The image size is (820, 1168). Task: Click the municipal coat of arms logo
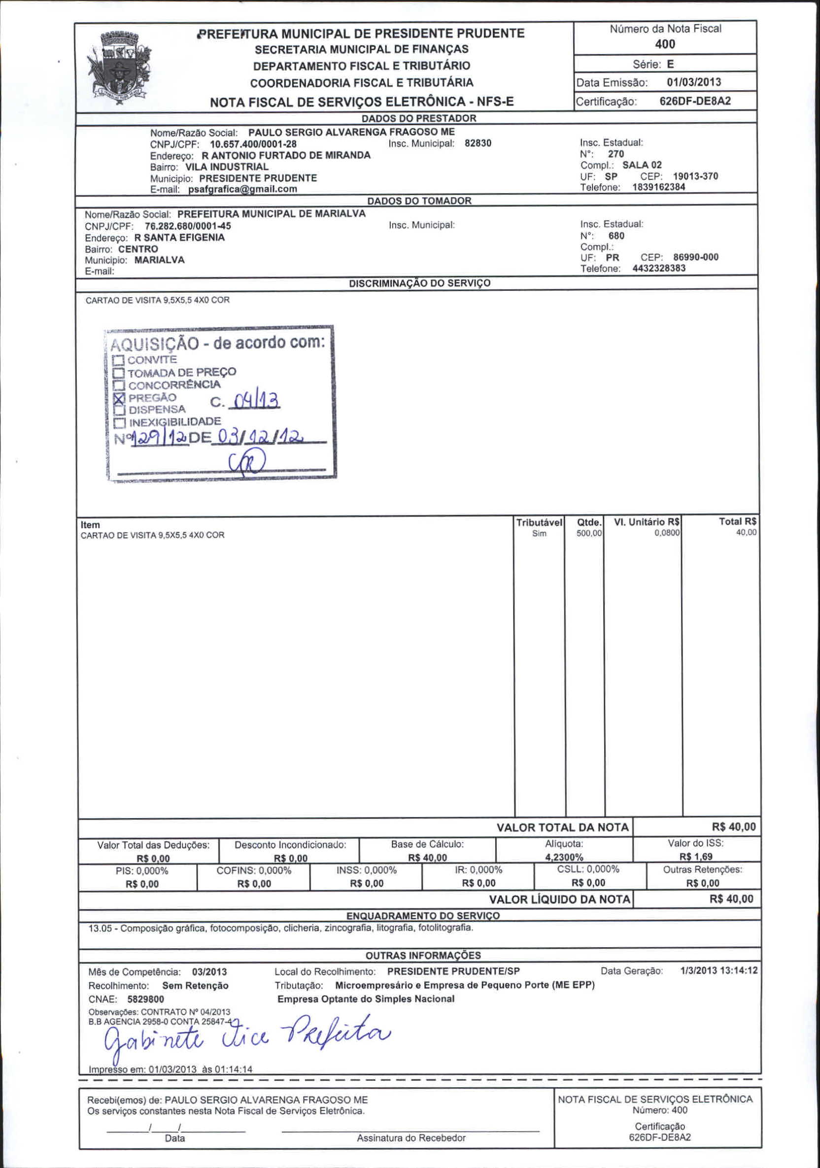click(120, 68)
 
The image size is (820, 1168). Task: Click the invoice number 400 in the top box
click(665, 44)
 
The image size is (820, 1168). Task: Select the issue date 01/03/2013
click(693, 82)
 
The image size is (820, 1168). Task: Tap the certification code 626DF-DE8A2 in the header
click(695, 101)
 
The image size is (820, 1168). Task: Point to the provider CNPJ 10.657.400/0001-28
click(253, 144)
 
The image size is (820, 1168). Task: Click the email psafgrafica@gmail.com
click(242, 189)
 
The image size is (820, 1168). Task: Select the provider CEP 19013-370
click(695, 176)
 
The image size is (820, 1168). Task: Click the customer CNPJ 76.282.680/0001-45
click(188, 226)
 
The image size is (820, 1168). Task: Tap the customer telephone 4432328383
click(659, 268)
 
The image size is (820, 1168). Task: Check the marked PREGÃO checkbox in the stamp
click(119, 398)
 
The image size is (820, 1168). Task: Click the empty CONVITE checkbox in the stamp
click(118, 361)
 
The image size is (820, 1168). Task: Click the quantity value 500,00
click(588, 533)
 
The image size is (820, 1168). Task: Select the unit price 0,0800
click(666, 533)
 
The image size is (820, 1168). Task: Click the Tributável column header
click(539, 522)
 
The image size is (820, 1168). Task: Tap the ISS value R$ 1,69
click(695, 857)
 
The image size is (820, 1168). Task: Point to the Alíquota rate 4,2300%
click(564, 857)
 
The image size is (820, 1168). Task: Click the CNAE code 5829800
click(145, 999)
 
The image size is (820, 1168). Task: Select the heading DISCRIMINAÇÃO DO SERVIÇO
click(419, 283)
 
